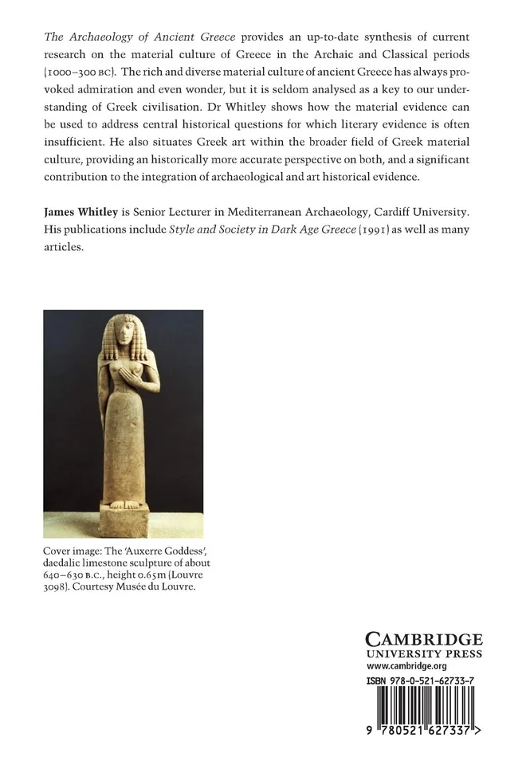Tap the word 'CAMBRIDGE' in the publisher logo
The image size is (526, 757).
pyautogui.click(x=423, y=639)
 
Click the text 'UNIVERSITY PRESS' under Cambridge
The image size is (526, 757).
pyautogui.click(x=424, y=654)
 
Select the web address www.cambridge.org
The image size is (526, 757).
pyautogui.click(x=406, y=666)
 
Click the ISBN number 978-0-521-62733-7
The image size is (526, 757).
pyautogui.click(x=434, y=681)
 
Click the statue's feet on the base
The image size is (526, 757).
pyautogui.click(x=123, y=504)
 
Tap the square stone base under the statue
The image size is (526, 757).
pyautogui.click(x=123, y=522)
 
